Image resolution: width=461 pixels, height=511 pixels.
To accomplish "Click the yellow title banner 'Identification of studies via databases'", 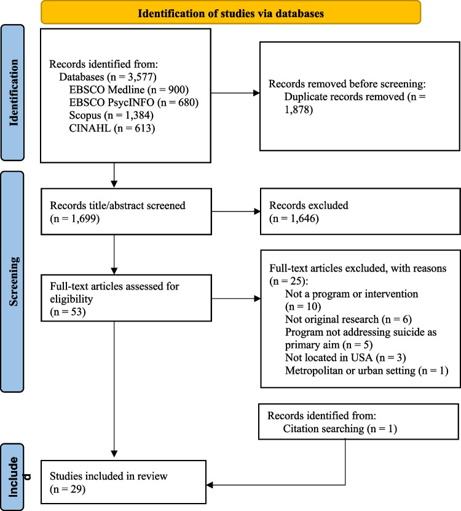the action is pos(230,13).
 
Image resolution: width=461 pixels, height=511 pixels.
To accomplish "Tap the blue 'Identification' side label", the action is pos(13,93).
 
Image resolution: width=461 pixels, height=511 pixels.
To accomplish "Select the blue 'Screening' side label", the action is pos(13,282).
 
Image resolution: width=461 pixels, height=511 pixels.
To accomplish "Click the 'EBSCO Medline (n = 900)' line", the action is pos(128,90).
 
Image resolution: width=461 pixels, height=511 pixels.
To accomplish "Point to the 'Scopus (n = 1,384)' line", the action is pos(111,115).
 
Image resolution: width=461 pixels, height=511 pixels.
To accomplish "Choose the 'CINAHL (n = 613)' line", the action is pos(112,128).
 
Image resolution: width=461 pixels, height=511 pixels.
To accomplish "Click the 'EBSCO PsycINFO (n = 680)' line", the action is pos(133,102).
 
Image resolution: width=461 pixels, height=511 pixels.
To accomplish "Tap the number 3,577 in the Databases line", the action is pos(140,77).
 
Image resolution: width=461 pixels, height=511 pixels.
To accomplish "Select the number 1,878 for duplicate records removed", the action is pos(297,109).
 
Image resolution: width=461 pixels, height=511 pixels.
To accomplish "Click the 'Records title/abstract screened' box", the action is pos(126,212).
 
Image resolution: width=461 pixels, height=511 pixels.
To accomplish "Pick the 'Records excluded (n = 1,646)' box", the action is pos(360,212).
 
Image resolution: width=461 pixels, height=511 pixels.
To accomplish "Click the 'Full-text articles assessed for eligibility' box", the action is pos(126,298).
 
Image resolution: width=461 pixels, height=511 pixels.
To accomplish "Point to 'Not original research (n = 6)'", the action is pos(349,319).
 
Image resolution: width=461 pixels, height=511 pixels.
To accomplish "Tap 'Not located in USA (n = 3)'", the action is pos(345,357).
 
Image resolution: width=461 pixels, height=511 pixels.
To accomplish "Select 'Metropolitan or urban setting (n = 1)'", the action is pos(366,371).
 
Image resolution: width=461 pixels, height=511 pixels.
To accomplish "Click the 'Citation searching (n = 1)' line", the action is pos(340,429).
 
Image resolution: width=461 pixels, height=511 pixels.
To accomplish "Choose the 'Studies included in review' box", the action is pos(124,482).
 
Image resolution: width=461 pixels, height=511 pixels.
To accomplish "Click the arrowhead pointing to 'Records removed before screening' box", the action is pos(257,93).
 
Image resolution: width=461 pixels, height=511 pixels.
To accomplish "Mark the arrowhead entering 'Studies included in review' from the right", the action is pos(210,485).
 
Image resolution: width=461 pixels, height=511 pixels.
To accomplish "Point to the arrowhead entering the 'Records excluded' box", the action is pos(258,212).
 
